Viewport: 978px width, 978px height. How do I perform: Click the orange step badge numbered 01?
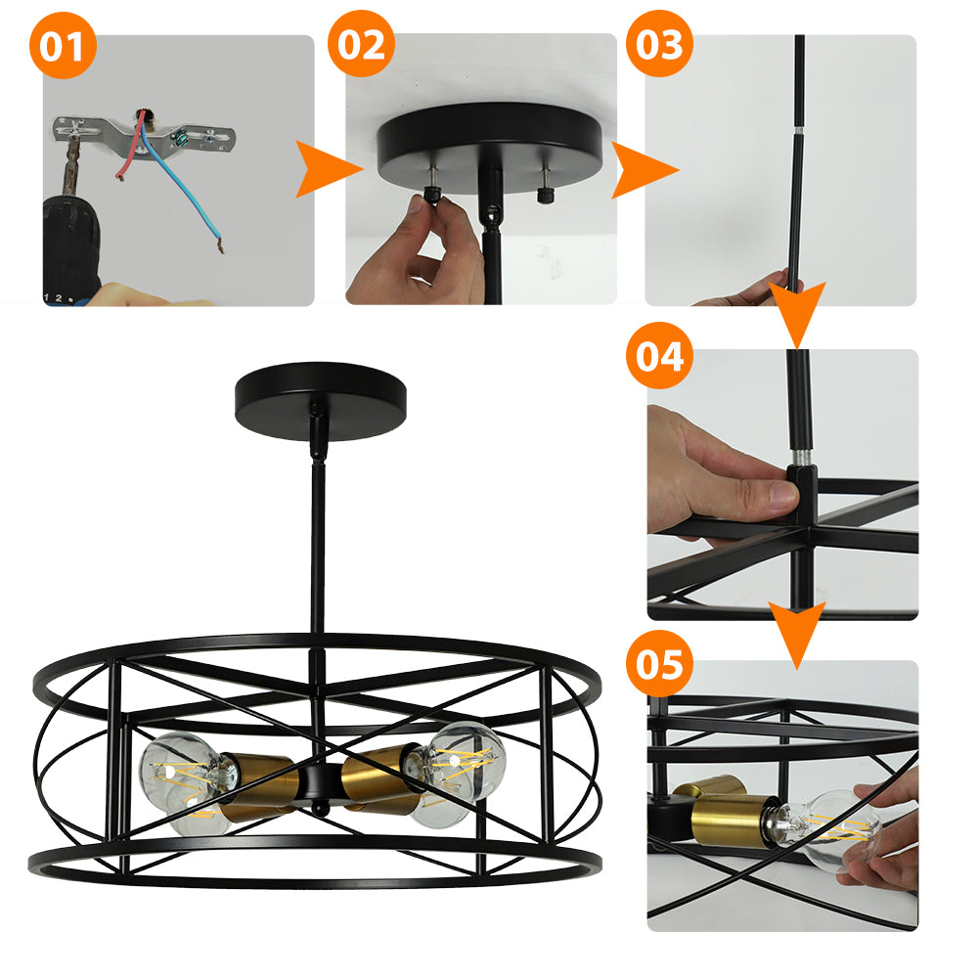63,46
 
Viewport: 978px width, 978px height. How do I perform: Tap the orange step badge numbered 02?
361,44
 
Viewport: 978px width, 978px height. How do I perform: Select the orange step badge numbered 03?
659,44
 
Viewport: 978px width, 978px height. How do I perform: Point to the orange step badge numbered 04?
659,355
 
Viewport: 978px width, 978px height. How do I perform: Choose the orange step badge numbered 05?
659,663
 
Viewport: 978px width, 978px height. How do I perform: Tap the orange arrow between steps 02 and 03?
642,169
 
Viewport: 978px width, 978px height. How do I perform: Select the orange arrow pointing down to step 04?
797,312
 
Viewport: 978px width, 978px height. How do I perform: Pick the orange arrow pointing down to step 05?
796,633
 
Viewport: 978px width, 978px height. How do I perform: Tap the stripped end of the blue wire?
219,244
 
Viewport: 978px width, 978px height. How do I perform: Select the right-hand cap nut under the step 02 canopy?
546,195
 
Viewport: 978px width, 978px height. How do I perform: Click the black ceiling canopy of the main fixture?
321,400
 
